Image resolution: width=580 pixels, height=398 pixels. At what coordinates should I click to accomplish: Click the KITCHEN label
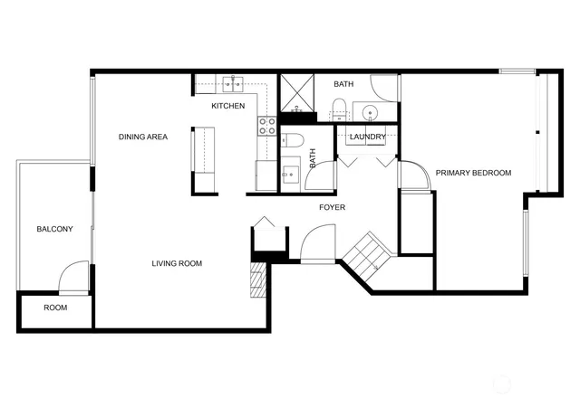coord(228,107)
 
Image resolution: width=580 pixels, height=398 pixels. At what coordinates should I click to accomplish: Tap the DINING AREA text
coord(143,137)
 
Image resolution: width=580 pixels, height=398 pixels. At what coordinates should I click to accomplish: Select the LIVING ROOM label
coord(176,264)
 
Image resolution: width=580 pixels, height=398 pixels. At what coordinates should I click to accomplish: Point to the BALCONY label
coord(54,230)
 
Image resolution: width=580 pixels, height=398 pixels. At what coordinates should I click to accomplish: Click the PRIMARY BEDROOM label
coord(473,173)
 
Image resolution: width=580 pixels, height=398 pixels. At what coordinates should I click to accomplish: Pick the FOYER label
coord(332,208)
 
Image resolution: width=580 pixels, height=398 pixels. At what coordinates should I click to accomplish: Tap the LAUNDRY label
coord(368,137)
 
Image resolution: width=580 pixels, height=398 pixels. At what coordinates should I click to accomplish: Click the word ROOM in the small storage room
coord(55,308)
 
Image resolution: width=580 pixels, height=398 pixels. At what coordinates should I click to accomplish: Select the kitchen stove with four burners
coord(267,126)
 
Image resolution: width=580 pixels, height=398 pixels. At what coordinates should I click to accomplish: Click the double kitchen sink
coord(235,85)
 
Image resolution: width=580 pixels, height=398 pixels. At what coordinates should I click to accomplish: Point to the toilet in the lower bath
coord(293,141)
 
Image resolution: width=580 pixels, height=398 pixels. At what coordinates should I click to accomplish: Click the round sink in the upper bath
coord(371,113)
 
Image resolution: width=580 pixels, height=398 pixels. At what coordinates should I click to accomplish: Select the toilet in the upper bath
coord(339,111)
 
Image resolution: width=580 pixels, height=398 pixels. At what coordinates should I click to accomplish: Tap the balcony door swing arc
coord(74,276)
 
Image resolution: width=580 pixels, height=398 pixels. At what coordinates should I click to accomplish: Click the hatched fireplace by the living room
coord(260,280)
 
